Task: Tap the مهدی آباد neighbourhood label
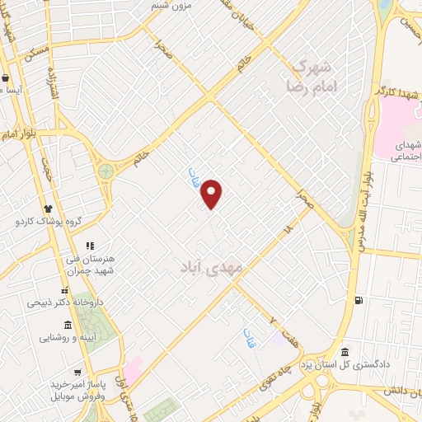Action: [210, 268]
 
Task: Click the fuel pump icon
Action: [357, 301]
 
